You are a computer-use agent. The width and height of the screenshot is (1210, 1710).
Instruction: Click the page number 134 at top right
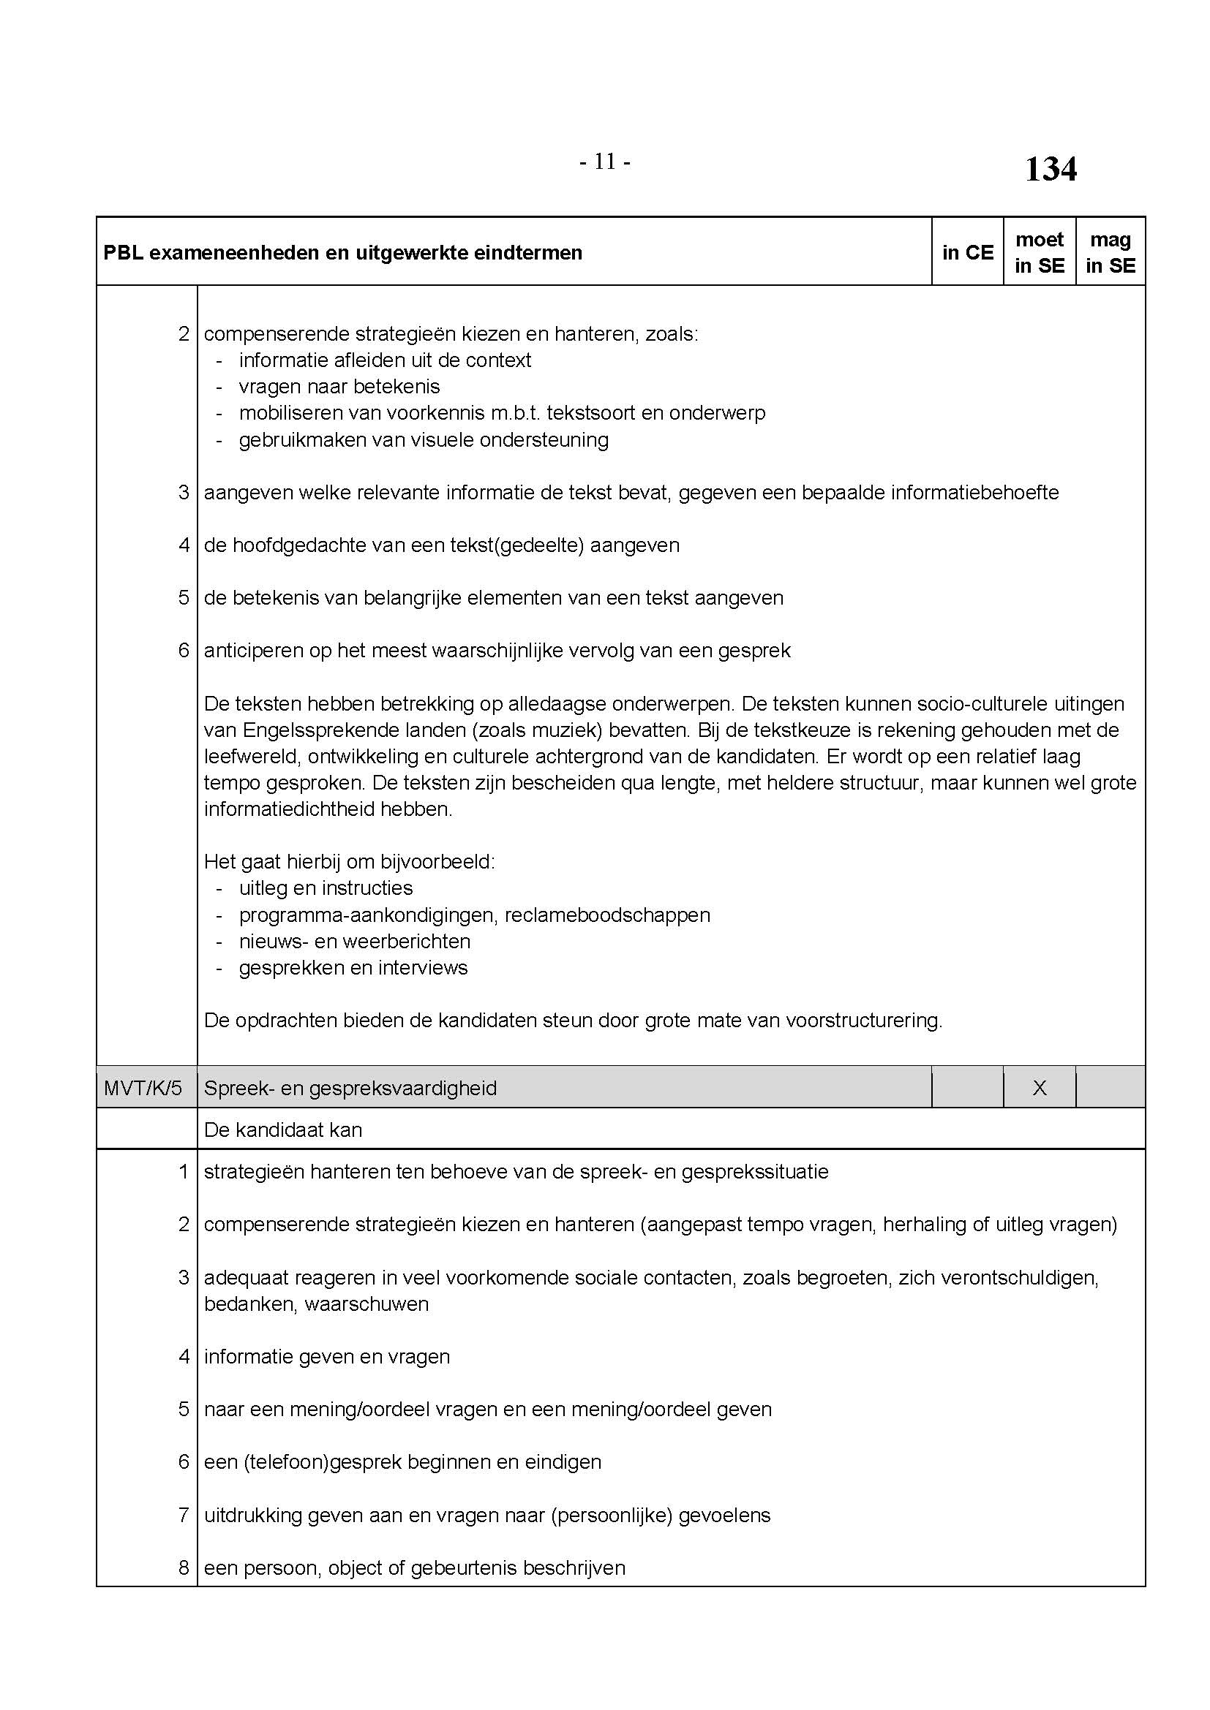(1050, 169)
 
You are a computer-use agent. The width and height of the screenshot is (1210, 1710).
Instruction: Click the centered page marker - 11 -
(605, 162)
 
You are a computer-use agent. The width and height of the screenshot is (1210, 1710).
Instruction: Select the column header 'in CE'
(967, 252)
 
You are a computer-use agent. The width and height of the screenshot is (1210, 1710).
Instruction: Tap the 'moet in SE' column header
(1040, 252)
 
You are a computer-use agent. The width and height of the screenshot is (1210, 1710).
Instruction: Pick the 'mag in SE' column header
(1111, 252)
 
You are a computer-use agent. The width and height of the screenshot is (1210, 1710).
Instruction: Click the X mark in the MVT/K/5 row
(1040, 1088)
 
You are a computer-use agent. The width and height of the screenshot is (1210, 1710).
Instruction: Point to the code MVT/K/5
(143, 1088)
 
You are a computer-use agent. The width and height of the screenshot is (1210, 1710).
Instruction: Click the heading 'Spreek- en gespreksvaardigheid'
(350, 1088)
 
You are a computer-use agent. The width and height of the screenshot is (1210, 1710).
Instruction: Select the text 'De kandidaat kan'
(283, 1130)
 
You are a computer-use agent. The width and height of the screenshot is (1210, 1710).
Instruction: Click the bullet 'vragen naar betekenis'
(339, 387)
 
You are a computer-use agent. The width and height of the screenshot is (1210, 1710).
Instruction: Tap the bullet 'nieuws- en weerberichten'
(355, 942)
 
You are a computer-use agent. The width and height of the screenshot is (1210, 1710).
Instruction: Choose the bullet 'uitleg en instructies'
(326, 888)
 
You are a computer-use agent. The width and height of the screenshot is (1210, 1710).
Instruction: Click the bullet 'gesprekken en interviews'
(353, 967)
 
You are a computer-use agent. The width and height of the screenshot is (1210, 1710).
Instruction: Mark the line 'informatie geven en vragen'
(327, 1356)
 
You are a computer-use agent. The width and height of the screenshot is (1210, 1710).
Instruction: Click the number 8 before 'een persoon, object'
(184, 1567)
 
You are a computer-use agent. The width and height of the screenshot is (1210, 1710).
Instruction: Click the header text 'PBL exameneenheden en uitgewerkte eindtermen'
(342, 252)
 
